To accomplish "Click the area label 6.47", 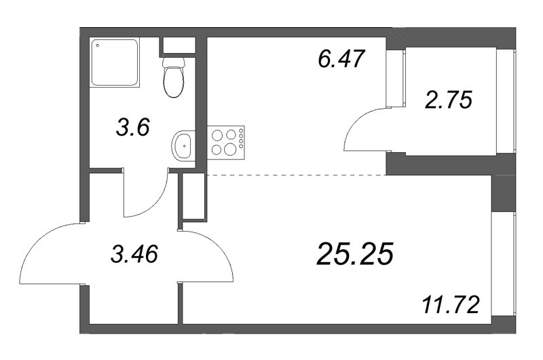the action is [x=341, y=59].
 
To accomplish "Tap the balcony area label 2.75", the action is [x=449, y=100].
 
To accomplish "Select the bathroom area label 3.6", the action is [x=133, y=128].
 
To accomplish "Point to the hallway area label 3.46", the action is [x=134, y=253].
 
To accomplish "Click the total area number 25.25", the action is [x=355, y=253].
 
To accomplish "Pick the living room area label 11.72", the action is [x=451, y=305].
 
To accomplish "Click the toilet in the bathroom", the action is [x=174, y=77].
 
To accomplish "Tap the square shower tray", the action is [x=115, y=62].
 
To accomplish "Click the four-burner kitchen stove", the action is [x=226, y=143].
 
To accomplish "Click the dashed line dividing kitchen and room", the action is [x=297, y=175].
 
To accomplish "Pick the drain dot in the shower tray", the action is [x=98, y=46].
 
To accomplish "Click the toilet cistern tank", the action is [x=174, y=62].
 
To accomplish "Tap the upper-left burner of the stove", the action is [x=217, y=135].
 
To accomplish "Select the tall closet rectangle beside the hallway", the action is [x=193, y=196].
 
